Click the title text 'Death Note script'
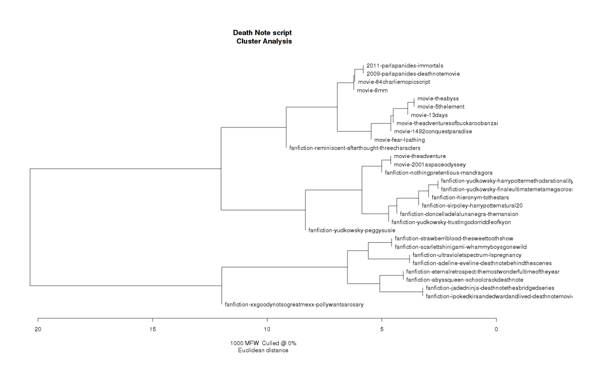(263, 32)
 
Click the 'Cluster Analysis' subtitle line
(264, 41)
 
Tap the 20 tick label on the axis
(38, 328)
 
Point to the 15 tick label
(152, 328)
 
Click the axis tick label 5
(382, 328)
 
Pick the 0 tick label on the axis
(496, 328)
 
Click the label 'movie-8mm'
(371, 91)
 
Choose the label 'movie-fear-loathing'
(399, 140)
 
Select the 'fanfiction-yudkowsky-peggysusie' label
(352, 230)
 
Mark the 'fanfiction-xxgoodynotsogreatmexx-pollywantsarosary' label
(294, 305)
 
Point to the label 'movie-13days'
(429, 115)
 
